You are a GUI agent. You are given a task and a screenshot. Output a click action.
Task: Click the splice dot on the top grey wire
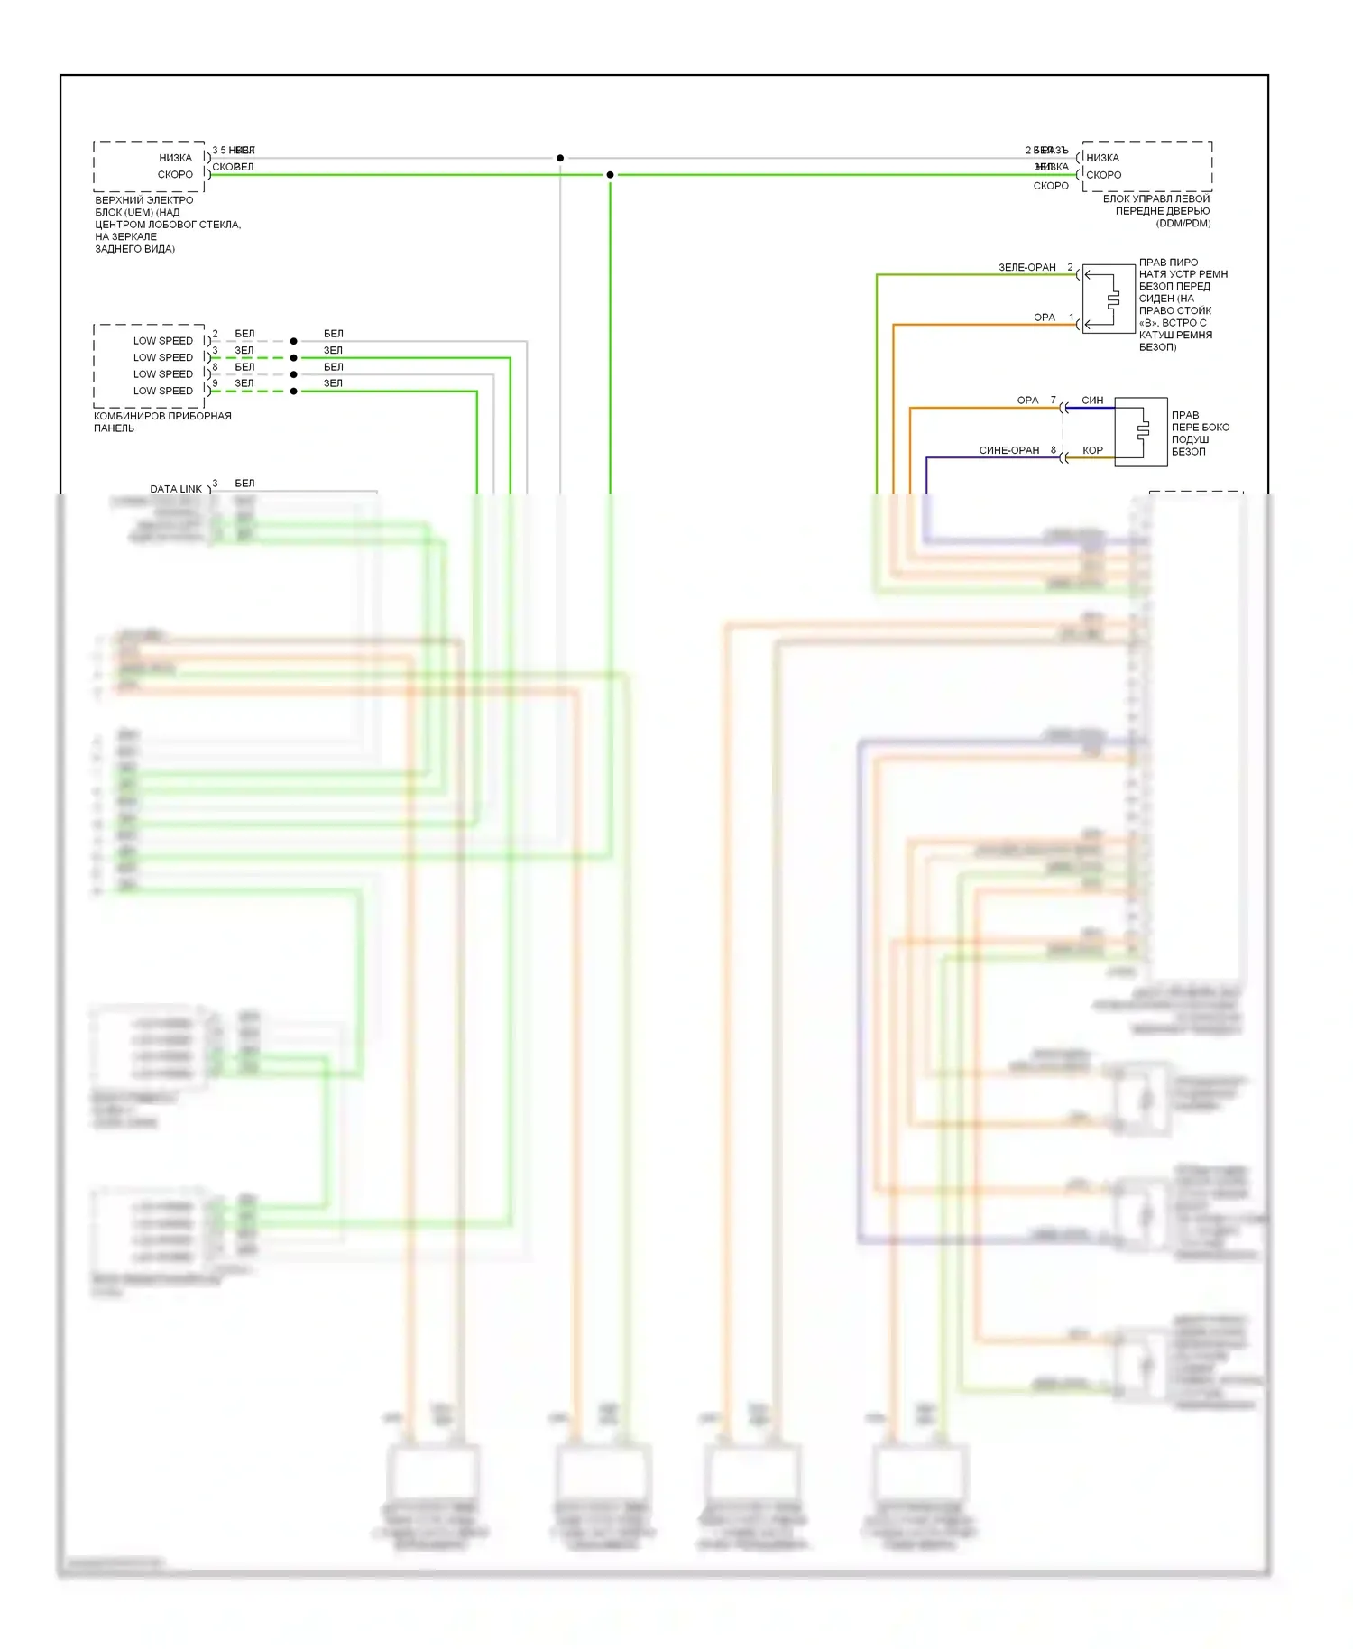pyautogui.click(x=560, y=158)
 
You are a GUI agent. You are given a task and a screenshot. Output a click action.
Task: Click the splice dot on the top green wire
pyautogui.click(x=610, y=175)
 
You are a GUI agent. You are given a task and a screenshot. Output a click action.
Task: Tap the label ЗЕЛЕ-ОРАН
pyautogui.click(x=1026, y=268)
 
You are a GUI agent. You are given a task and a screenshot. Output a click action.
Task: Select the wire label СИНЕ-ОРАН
pyautogui.click(x=1008, y=450)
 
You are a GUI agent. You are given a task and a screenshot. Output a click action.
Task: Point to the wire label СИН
pyautogui.click(x=1092, y=401)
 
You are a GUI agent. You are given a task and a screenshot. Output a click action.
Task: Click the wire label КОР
pyautogui.click(x=1092, y=450)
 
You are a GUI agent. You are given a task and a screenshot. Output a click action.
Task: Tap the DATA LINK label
pyautogui.click(x=176, y=489)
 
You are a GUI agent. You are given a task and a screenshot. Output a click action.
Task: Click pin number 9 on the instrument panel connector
pyautogui.click(x=215, y=383)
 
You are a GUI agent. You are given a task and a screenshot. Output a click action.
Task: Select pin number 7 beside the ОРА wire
pyautogui.click(x=1053, y=401)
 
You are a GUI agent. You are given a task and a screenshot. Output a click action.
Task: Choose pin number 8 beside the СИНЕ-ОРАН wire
pyautogui.click(x=1053, y=450)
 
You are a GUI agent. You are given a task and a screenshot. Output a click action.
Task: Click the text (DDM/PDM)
pyautogui.click(x=1183, y=224)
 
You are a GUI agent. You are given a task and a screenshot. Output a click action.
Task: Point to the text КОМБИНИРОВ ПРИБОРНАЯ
pyautogui.click(x=162, y=416)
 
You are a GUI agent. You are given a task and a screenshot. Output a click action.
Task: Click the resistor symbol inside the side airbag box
pyautogui.click(x=1143, y=431)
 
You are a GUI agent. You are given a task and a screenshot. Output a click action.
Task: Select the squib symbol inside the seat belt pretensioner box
pyautogui.click(x=1113, y=299)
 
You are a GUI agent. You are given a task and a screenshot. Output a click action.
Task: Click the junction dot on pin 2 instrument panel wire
pyautogui.click(x=294, y=342)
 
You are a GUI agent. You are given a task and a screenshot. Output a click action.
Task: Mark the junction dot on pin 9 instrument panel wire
pyautogui.click(x=294, y=392)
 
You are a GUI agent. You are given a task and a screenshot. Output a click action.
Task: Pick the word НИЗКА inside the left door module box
pyautogui.click(x=1102, y=158)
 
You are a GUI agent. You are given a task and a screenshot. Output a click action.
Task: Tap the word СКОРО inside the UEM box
pyautogui.click(x=175, y=175)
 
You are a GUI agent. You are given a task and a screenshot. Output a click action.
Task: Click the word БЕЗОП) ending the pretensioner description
pyautogui.click(x=1157, y=347)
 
